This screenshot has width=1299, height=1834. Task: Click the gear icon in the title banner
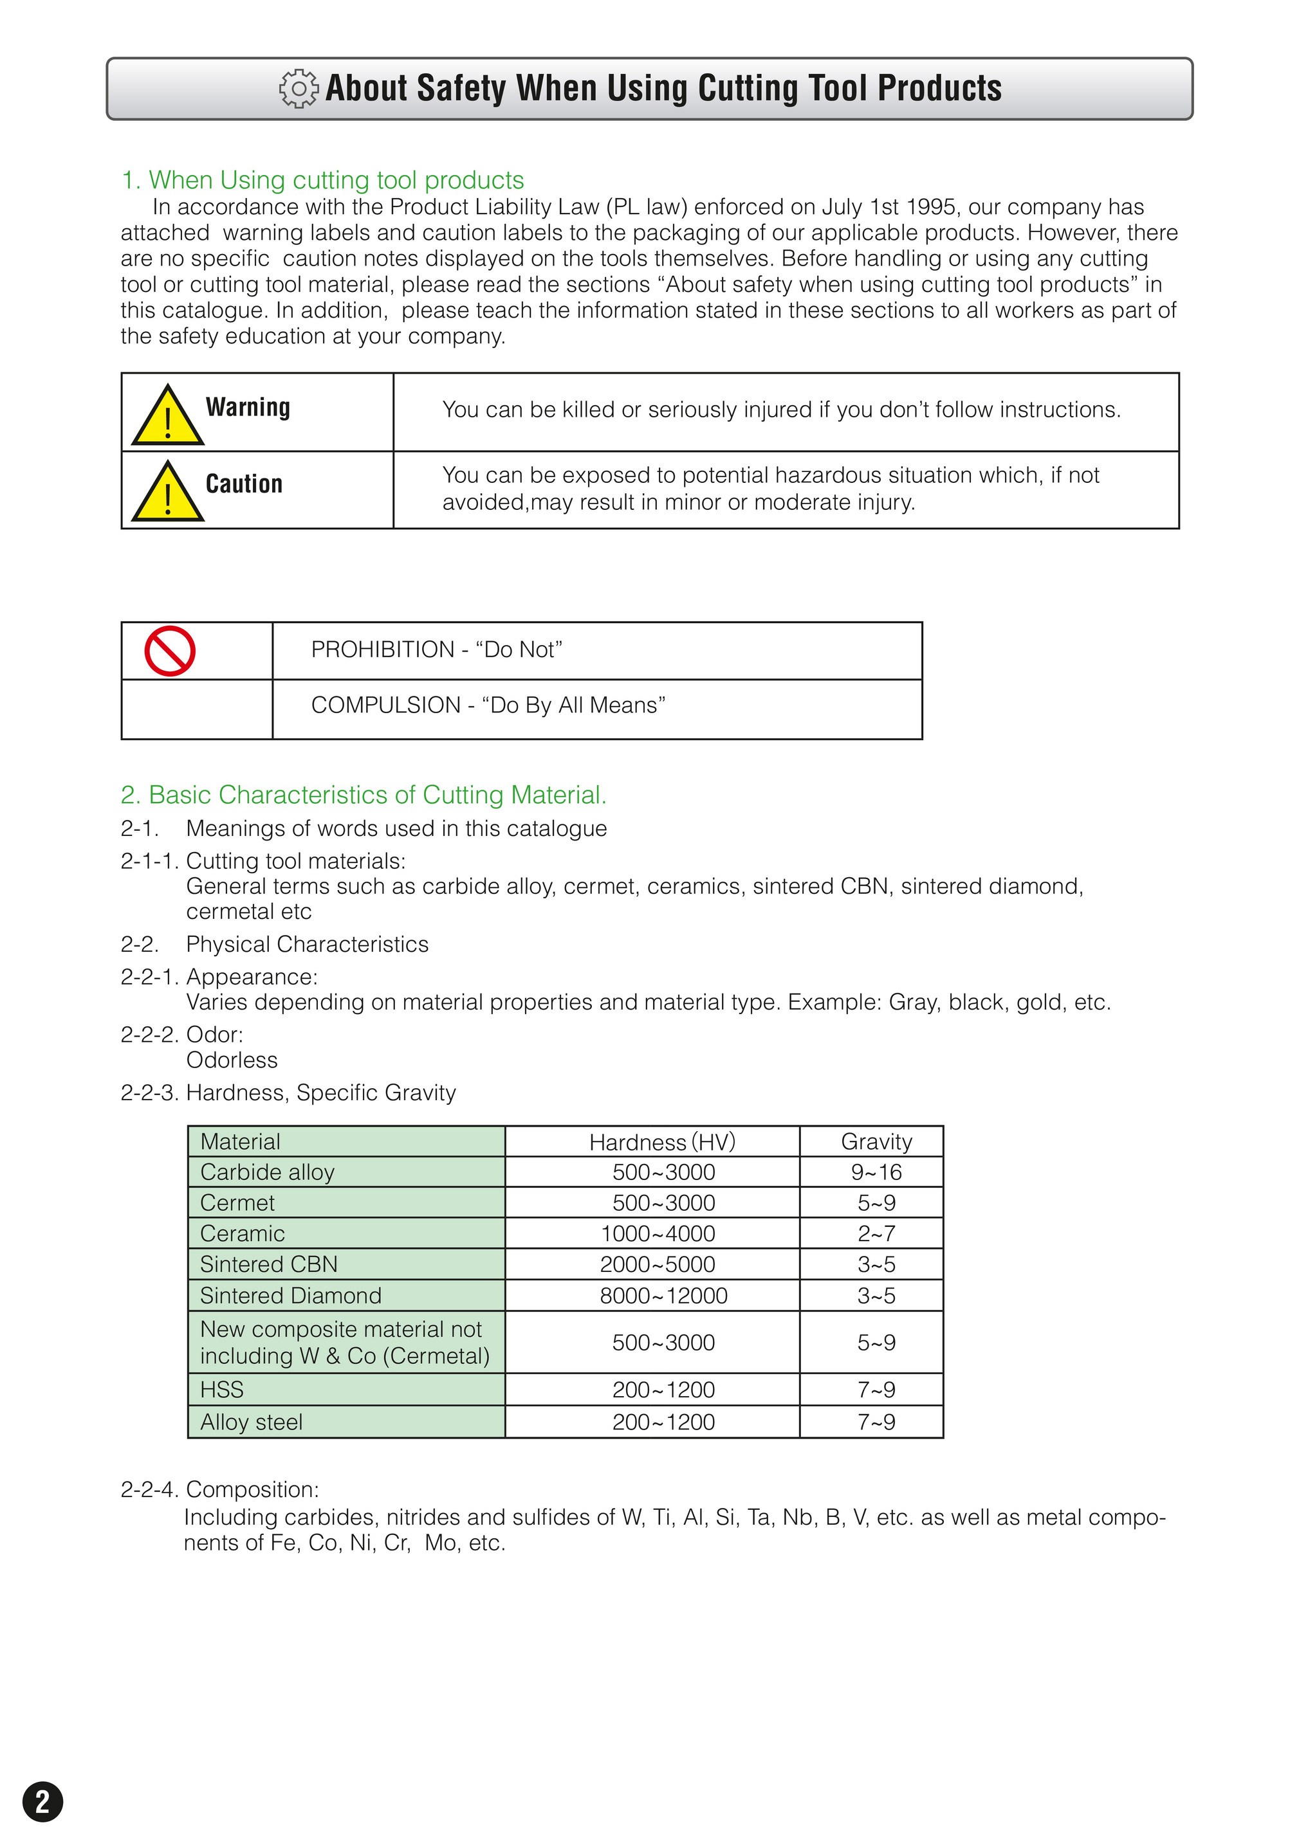pos(299,89)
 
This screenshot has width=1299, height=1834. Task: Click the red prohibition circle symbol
pos(170,651)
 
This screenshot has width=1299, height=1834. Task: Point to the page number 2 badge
pos(42,1801)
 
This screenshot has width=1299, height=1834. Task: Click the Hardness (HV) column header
pos(661,1141)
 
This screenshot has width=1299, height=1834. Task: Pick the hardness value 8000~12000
pos(663,1295)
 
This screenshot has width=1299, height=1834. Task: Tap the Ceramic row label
pos(243,1233)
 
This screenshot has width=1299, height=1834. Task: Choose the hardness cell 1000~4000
pos(658,1233)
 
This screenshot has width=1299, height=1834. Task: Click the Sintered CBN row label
pos(269,1264)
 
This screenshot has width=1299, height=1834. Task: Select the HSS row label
pos(221,1390)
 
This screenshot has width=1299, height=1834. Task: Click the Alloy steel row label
pos(251,1422)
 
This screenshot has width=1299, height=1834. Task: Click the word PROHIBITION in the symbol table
pos(382,649)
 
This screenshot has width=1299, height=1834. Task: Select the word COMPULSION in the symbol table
pos(385,705)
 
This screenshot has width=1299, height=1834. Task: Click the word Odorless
pos(232,1060)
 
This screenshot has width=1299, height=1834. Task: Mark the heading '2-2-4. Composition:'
pos(220,1489)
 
